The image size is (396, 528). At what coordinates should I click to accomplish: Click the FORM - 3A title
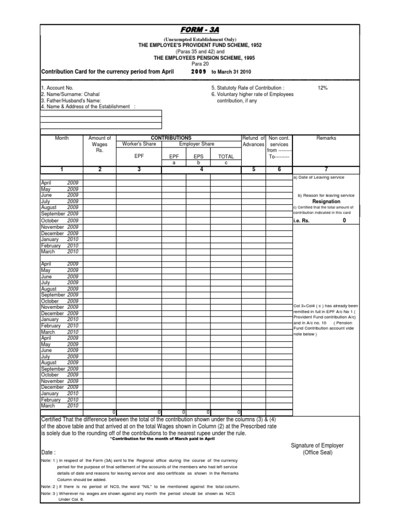(199, 31)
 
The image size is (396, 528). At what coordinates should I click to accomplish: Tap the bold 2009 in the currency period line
(199, 71)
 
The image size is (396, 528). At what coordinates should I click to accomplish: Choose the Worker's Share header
(139, 144)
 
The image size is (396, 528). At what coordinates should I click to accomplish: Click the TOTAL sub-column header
(226, 156)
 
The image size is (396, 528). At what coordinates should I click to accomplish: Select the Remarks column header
(326, 138)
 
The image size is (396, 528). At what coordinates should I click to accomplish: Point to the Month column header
(61, 138)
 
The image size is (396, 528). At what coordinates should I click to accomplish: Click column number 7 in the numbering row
(326, 169)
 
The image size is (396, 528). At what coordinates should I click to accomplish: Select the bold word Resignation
(326, 202)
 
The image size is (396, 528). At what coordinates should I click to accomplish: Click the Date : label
(49, 451)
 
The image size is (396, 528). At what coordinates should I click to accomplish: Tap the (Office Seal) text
(318, 453)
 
